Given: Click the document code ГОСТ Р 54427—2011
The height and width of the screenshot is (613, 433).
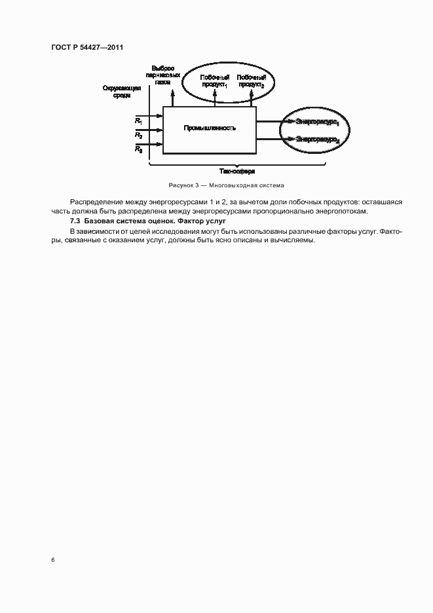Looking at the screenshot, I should point(87,48).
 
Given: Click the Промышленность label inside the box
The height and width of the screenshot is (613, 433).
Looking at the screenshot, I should point(210,128).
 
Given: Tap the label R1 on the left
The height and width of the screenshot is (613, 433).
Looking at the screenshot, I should point(139,121).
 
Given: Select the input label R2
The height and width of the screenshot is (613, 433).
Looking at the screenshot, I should point(139,135).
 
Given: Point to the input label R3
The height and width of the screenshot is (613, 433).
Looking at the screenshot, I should point(139,150).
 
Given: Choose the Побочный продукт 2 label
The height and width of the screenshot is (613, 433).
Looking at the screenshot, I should point(252,81).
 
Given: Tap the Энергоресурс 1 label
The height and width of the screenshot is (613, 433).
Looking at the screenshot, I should point(318,122).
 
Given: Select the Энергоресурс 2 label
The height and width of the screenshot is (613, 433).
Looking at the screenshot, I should point(318,139).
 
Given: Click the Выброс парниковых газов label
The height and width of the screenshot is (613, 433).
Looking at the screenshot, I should point(163,75).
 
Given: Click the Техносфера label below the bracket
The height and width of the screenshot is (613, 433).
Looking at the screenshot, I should point(238,170).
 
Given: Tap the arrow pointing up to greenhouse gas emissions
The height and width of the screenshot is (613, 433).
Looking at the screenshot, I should point(173,97).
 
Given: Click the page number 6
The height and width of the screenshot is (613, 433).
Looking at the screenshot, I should point(52,560).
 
